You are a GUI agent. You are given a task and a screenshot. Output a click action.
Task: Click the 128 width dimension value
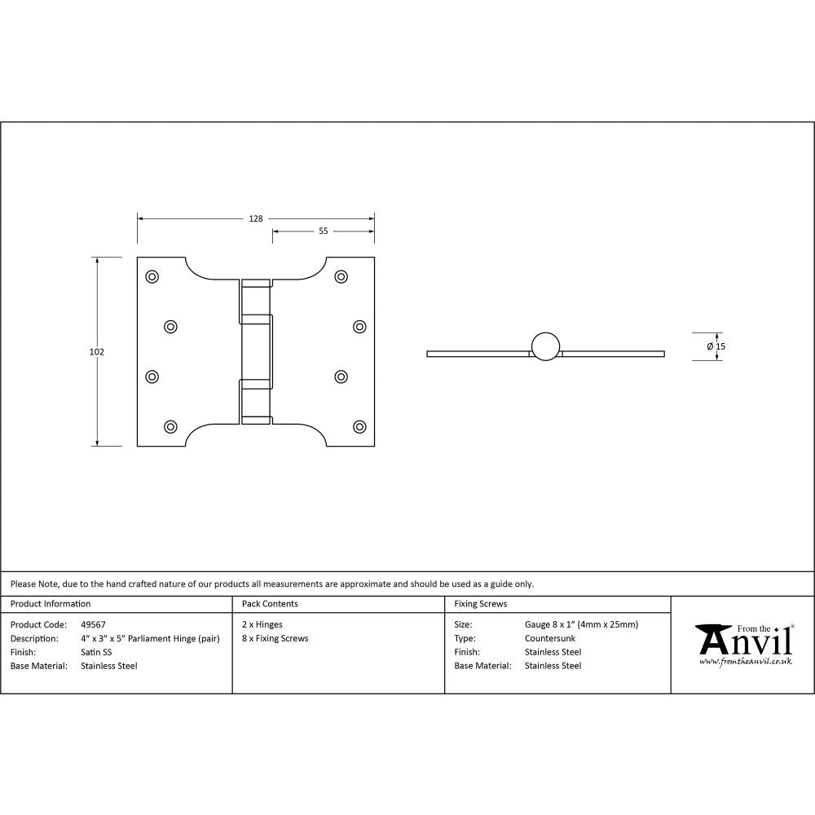256,218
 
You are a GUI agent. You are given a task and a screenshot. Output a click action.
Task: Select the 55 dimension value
323,231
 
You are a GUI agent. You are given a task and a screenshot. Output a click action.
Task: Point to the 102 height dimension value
97,352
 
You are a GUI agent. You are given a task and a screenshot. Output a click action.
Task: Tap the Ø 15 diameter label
716,346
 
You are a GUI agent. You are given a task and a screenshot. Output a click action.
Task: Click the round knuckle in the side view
545,346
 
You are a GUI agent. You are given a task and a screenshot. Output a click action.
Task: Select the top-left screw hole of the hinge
152,276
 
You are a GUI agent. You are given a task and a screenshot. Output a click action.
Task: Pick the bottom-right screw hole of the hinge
359,426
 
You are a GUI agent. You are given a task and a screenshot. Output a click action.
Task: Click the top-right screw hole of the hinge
341,276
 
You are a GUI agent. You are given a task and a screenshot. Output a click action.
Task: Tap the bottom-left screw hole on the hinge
170,426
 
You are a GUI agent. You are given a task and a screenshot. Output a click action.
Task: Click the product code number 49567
93,624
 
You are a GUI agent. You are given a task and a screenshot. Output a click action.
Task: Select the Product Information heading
51,604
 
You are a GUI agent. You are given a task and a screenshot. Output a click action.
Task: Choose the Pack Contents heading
270,604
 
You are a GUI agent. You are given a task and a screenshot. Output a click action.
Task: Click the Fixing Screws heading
480,604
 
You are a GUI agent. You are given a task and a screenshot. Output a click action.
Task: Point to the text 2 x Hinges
262,624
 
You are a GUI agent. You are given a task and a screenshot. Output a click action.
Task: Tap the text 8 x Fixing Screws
275,638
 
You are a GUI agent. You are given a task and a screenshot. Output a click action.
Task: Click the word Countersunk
550,638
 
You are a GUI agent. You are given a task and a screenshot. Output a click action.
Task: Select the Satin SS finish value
96,652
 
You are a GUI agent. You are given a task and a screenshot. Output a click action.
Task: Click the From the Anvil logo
743,644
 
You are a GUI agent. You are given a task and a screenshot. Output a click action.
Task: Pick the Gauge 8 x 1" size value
581,624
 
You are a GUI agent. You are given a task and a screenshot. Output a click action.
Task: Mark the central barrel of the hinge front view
256,352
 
